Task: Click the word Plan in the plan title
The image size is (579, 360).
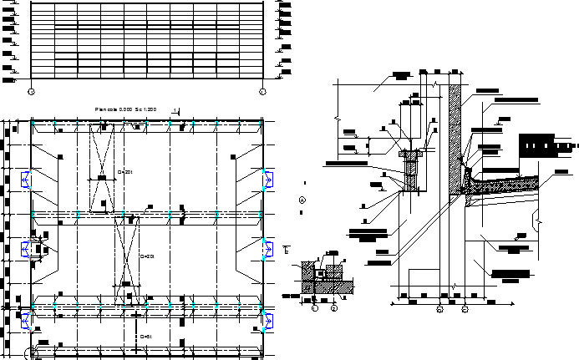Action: [101, 109]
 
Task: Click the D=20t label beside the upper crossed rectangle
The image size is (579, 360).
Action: [127, 171]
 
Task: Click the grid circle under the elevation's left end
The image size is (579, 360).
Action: [31, 90]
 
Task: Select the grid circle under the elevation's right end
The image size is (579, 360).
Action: [262, 90]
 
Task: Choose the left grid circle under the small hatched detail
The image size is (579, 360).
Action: [315, 307]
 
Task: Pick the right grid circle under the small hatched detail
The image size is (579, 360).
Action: [333, 307]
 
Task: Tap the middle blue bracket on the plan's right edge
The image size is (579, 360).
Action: [268, 248]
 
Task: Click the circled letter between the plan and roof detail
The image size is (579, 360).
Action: [302, 200]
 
